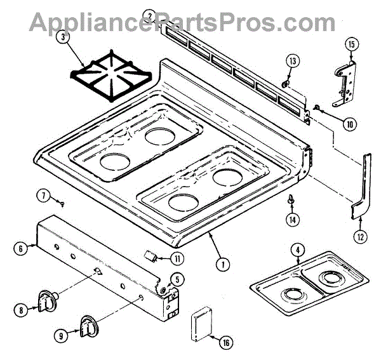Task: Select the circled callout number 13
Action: click(291, 62)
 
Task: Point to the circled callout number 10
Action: click(349, 124)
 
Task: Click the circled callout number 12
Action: click(360, 237)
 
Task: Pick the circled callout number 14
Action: click(292, 220)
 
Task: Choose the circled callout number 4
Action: click(298, 250)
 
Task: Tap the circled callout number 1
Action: click(222, 263)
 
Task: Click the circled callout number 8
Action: click(21, 310)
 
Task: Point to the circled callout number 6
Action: click(22, 249)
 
